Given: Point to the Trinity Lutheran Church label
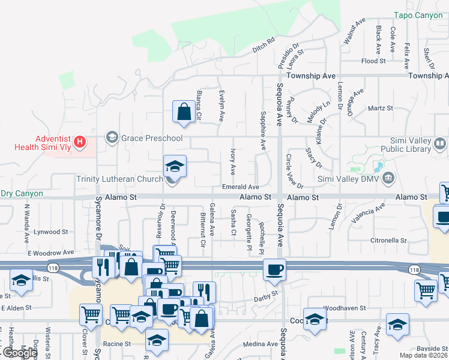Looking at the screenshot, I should tap(119, 179).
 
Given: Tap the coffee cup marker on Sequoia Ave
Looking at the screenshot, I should tap(274, 269).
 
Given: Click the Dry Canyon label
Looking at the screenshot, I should tap(22, 194).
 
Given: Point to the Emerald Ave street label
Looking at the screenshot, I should tap(240, 187).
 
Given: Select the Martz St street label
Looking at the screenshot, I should tap(381, 109).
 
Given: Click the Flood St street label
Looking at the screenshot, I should tap(373, 61).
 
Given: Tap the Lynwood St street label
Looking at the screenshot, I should tap(50, 232).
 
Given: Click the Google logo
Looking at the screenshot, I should tap(20, 353).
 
